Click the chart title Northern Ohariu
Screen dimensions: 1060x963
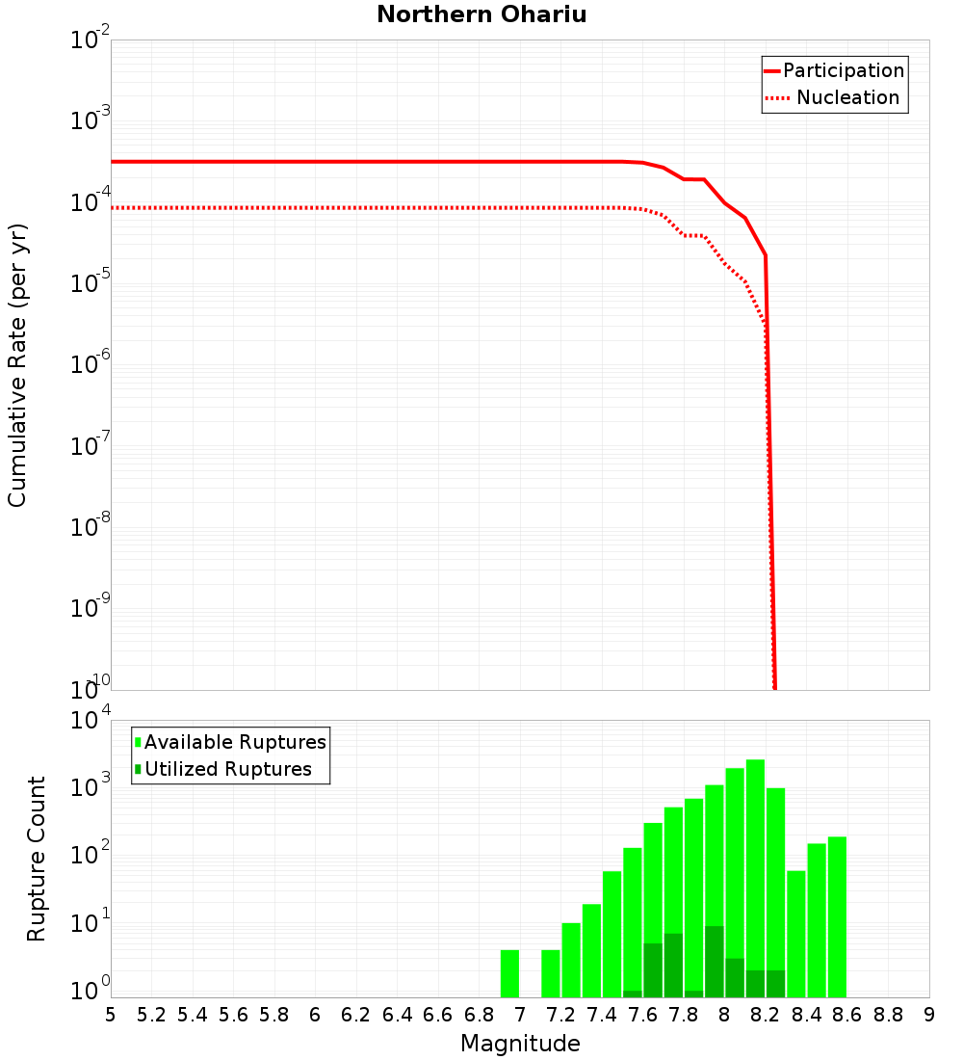[x=481, y=14]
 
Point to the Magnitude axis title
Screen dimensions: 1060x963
[x=520, y=1044]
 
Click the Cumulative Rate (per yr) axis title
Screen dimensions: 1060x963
[x=17, y=364]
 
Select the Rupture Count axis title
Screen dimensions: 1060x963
[x=37, y=858]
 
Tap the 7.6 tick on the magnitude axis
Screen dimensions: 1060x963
[x=642, y=1015]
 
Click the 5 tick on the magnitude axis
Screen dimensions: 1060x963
[x=111, y=1015]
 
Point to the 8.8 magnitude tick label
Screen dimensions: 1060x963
[x=888, y=1015]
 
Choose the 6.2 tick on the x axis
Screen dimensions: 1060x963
[x=356, y=1015]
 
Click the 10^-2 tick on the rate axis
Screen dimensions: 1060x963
[x=91, y=41]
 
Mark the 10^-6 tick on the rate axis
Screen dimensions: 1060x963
[x=91, y=366]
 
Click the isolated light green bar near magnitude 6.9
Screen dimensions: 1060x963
[x=509, y=973]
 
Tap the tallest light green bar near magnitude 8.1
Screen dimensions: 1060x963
[x=755, y=877]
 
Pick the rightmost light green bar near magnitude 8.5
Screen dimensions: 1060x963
[x=837, y=915]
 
